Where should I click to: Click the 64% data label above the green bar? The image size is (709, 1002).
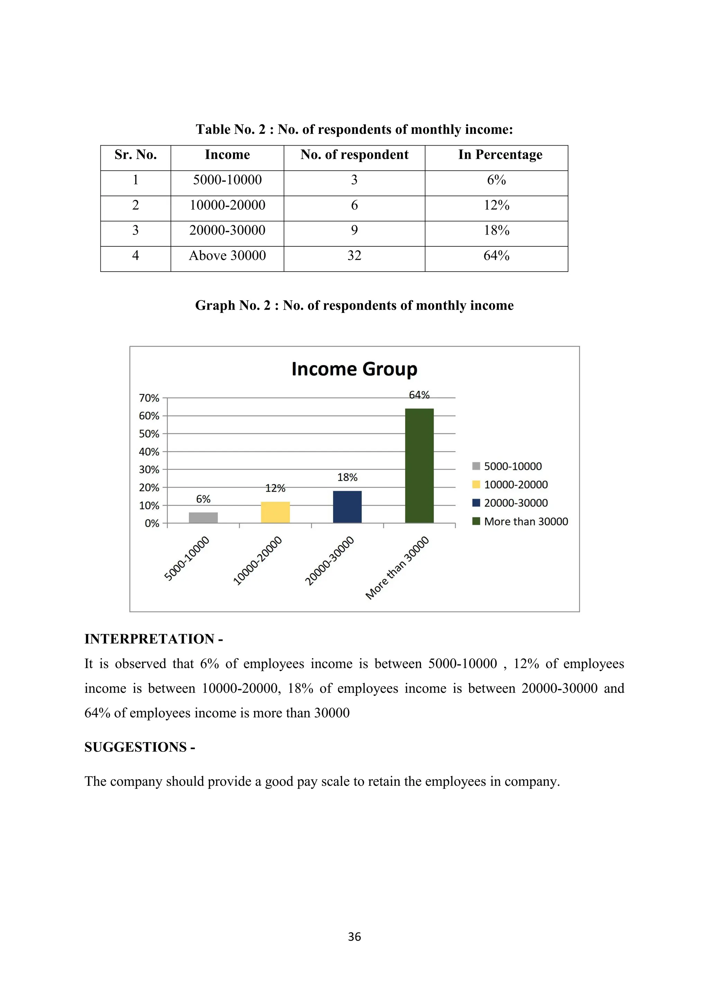419,395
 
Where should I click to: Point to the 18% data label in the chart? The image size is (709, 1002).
347,477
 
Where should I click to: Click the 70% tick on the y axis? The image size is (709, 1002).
149,398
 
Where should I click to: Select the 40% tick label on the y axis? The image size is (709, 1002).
149,452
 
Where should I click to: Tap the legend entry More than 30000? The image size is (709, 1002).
526,521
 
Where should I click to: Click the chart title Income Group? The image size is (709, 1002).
354,369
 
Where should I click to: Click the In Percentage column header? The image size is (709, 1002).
500,155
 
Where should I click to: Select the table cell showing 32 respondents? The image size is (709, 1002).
354,256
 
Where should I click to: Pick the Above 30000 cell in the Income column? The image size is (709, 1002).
227,256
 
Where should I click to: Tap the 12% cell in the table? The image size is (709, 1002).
496,205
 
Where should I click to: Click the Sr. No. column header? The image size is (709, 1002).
135,155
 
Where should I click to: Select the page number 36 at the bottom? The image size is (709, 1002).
354,937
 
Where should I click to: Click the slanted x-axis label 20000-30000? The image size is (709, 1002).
330,561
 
